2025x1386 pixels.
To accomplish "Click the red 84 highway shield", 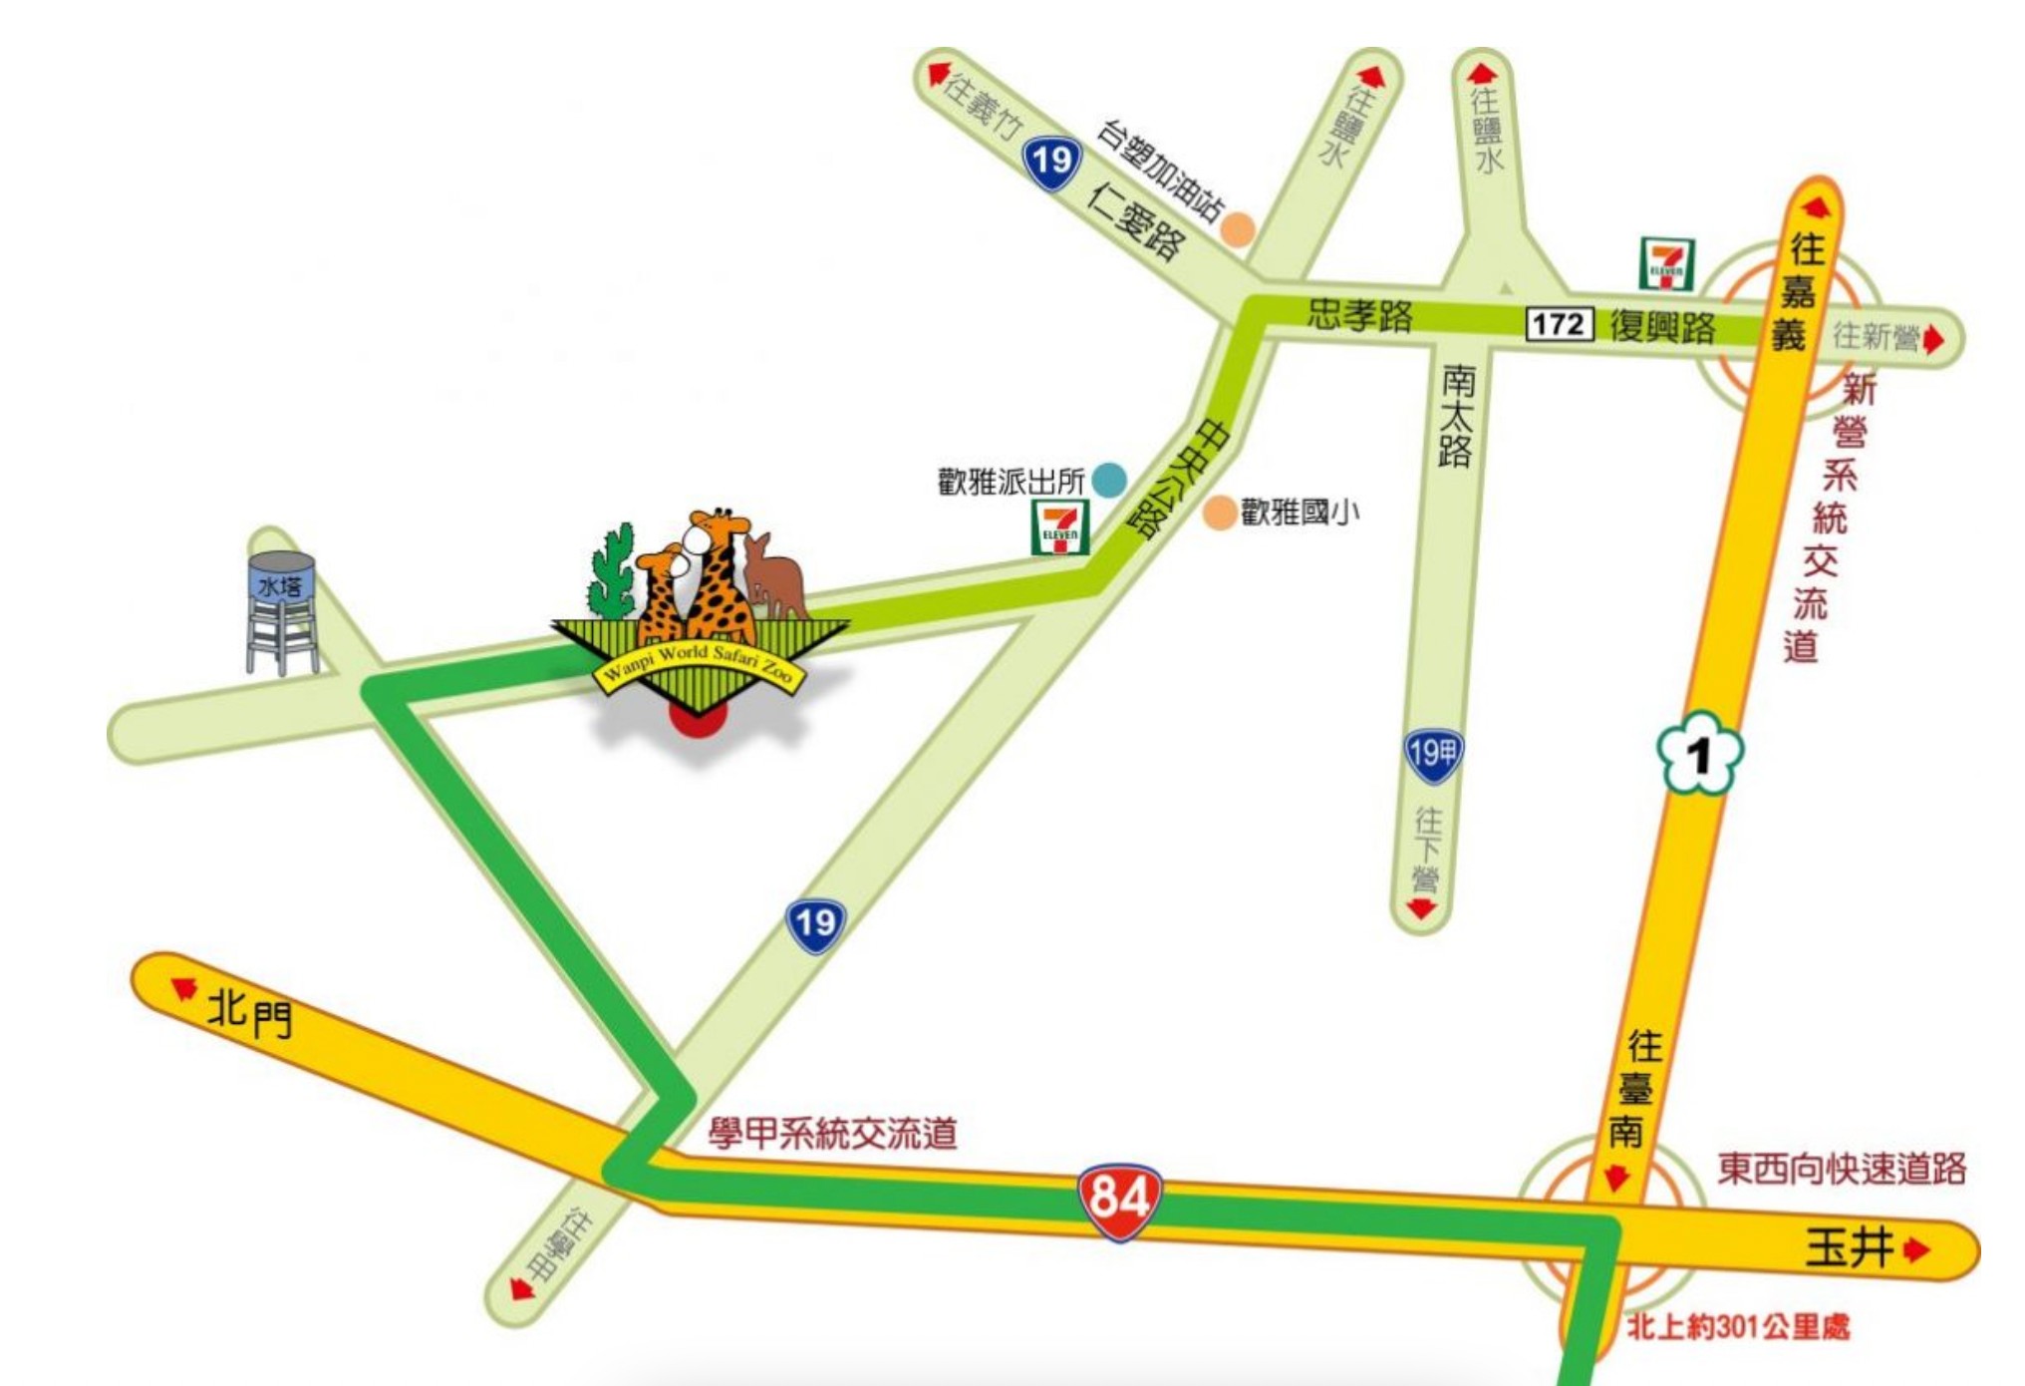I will point(1119,1200).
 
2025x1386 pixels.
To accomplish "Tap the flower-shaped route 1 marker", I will point(1699,755).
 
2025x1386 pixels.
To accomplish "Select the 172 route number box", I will point(1559,324).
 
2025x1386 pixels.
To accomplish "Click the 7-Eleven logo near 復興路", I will point(1666,264).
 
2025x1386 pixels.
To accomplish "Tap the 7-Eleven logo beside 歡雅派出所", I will point(1059,526).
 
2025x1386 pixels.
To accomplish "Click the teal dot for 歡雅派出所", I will point(1109,480).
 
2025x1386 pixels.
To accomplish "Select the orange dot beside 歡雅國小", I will point(1220,514).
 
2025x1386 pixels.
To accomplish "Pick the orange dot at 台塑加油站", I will point(1237,229).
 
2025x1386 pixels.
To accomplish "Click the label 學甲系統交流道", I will point(833,1134).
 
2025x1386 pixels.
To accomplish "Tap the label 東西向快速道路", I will point(1842,1169).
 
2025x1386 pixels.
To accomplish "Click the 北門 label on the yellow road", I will point(249,1013).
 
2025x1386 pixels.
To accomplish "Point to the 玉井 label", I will point(1849,1247).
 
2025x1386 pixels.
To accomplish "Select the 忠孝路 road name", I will point(1359,314).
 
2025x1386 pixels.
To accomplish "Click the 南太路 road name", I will point(1456,415).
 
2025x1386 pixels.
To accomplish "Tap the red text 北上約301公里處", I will point(1738,1327).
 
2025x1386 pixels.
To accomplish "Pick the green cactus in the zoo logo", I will point(612,572).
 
